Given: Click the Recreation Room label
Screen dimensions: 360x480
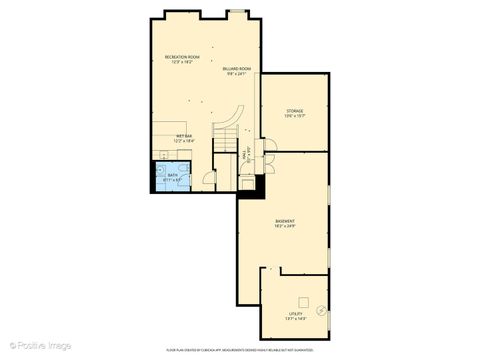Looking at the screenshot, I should point(183,57).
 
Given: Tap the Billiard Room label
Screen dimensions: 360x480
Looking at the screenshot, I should point(236,68).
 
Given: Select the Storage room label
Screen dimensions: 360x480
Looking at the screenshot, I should point(295,110).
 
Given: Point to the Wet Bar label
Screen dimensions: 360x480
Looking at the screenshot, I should point(184,136).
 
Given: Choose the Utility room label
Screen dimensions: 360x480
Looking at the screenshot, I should point(296,313).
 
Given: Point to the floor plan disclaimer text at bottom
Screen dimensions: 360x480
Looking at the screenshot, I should point(240,351).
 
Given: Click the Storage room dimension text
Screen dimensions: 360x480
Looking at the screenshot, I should point(295,116).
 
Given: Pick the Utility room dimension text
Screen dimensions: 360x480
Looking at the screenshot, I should point(296,319).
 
